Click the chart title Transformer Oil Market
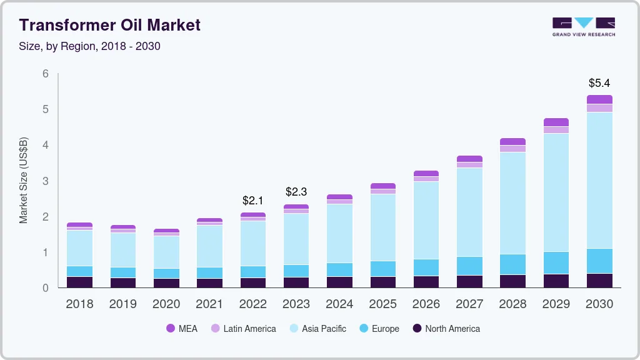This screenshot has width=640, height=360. tap(110, 25)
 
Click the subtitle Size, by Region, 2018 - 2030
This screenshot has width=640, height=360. tap(90, 46)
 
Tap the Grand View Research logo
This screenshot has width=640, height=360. tap(583, 26)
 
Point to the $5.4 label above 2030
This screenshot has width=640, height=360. tap(599, 82)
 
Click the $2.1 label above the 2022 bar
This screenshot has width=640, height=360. tap(253, 201)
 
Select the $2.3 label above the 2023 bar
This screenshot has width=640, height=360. tap(296, 192)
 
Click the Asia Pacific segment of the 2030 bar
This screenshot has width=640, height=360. tap(599, 180)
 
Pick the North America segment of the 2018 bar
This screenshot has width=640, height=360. tap(79, 282)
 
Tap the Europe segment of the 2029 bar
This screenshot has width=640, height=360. tap(556, 262)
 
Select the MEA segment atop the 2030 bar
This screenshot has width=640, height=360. tap(599, 99)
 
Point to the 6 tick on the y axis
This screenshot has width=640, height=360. tap(46, 74)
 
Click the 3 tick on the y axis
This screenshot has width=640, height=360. tap(46, 181)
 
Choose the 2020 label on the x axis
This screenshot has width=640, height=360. tap(166, 304)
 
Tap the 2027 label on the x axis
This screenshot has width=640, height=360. tap(469, 304)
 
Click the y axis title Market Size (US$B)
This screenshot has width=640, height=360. tap(24, 181)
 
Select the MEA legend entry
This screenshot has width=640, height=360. tap(182, 329)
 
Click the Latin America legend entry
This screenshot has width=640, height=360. tap(243, 329)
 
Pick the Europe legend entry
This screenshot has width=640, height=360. tap(379, 329)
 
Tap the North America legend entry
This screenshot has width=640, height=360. tap(446, 329)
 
